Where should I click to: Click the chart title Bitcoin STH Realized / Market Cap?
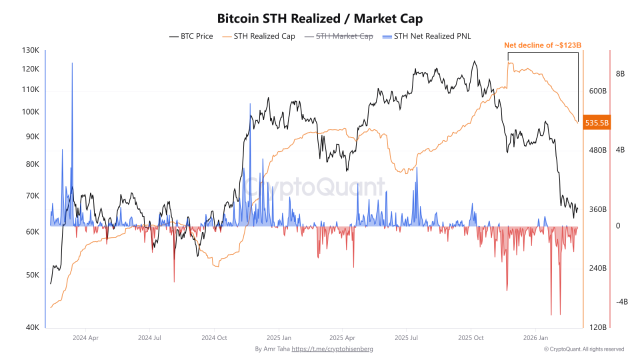point(320,19)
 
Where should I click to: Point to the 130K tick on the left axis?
point(30,50)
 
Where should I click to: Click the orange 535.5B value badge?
point(597,122)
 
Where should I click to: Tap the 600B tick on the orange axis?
point(597,91)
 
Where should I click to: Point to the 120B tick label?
point(597,327)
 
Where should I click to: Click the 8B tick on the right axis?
point(620,74)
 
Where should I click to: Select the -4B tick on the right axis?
point(621,302)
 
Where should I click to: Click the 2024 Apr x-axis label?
point(85,337)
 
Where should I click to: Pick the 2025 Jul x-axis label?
point(406,337)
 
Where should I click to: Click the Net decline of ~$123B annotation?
point(542,45)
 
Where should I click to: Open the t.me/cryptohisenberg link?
point(332,349)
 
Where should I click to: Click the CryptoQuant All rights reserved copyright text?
point(584,349)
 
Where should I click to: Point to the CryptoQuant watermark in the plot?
point(315,187)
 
